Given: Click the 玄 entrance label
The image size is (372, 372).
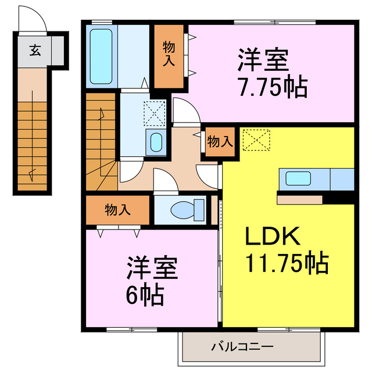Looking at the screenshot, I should (x=34, y=51).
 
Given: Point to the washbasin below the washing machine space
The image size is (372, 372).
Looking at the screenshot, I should (x=156, y=141).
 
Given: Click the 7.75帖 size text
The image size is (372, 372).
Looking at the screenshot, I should (x=272, y=88).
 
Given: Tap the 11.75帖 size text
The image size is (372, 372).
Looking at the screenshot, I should (x=286, y=263).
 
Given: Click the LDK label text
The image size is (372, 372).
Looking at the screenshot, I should (x=270, y=237).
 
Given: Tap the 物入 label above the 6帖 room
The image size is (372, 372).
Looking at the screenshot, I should (x=118, y=210).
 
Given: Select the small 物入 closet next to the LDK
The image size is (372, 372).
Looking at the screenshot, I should (x=220, y=141).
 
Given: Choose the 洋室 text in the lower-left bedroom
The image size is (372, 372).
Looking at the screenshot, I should (x=153, y=270).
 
